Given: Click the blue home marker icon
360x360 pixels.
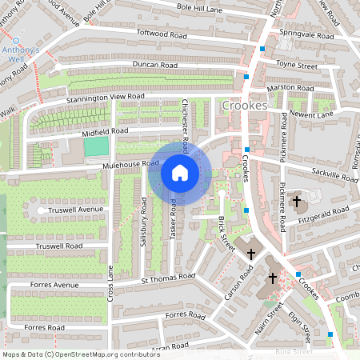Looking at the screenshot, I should (180, 173).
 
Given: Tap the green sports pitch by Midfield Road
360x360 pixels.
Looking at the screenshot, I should (96, 146).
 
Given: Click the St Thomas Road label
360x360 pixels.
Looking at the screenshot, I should (168, 278).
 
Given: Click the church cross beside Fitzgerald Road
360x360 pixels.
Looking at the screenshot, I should (297, 201).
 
